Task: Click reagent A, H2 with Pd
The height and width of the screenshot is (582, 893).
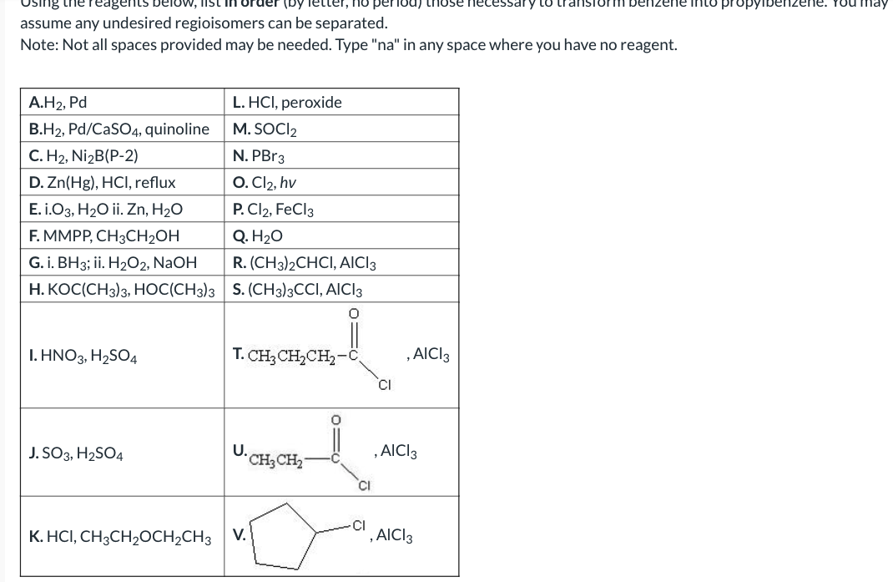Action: pyautogui.click(x=58, y=103)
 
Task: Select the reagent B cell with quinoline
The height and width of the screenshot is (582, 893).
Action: pyautogui.click(x=119, y=129)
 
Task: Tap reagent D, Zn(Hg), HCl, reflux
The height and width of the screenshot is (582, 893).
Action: pyautogui.click(x=103, y=181)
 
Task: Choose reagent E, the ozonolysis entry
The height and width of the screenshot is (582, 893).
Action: pyautogui.click(x=106, y=208)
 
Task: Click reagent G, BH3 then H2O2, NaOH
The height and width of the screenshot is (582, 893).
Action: pyautogui.click(x=114, y=262)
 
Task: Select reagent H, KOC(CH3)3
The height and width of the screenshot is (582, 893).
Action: pyautogui.click(x=122, y=289)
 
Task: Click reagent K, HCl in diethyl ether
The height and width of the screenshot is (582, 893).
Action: pyautogui.click(x=120, y=535)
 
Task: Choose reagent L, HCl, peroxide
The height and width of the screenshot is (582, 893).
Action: pyautogui.click(x=288, y=103)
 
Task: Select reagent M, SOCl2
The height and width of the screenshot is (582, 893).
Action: pyautogui.click(x=265, y=129)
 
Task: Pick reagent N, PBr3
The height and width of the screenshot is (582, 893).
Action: pyautogui.click(x=260, y=155)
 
